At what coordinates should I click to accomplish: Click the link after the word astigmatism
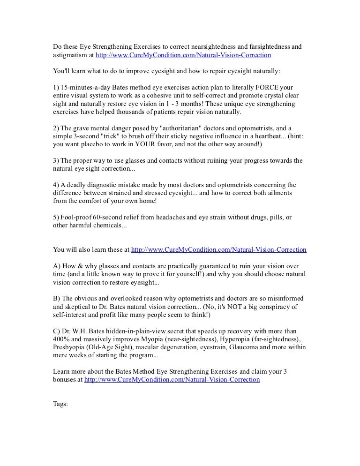183,55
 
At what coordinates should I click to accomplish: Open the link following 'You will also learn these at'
219,250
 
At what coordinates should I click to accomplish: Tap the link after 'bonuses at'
172,380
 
